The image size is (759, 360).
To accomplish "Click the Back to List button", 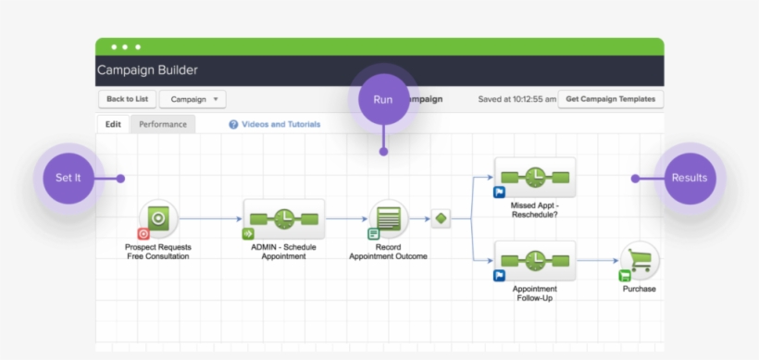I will tap(127, 99).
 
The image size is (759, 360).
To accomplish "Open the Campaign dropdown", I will tap(193, 99).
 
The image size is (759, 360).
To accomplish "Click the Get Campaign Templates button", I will tap(610, 99).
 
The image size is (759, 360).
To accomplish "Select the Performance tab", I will tap(163, 124).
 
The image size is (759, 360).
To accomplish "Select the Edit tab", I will tap(113, 124).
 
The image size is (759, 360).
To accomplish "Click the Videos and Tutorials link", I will tap(280, 124).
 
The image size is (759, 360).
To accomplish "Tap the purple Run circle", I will tap(382, 98).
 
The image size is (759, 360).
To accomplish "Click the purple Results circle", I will tap(690, 178).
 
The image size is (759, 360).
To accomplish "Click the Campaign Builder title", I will tap(147, 70).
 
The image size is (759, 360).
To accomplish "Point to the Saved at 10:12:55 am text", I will tap(516, 99).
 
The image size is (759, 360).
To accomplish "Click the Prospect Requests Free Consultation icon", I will tap(158, 218).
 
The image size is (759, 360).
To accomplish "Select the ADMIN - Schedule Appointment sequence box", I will tap(284, 219).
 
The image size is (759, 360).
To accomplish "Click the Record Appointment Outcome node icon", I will tap(389, 218).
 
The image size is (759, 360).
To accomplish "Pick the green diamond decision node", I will tap(441, 219).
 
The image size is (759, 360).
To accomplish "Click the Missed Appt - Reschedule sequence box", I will tap(535, 177).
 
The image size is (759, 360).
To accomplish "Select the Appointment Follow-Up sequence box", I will tap(535, 260).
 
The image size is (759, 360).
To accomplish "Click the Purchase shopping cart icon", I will tap(640, 260).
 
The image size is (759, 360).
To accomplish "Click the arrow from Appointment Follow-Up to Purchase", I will tap(597, 261).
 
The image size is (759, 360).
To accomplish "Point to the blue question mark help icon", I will tap(233, 124).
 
